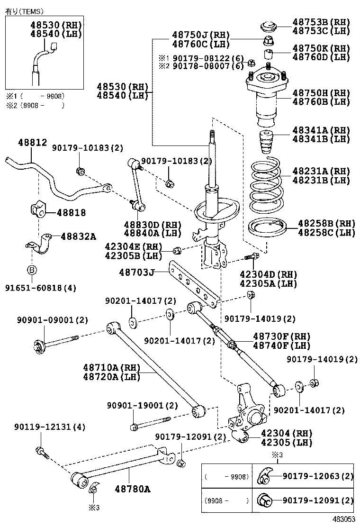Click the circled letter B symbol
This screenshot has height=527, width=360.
(x=32, y=270)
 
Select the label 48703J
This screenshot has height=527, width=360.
(x=137, y=272)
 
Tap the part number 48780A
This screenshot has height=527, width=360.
(x=132, y=489)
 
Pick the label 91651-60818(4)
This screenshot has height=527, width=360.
(x=41, y=288)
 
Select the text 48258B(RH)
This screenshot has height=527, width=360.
(x=326, y=223)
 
